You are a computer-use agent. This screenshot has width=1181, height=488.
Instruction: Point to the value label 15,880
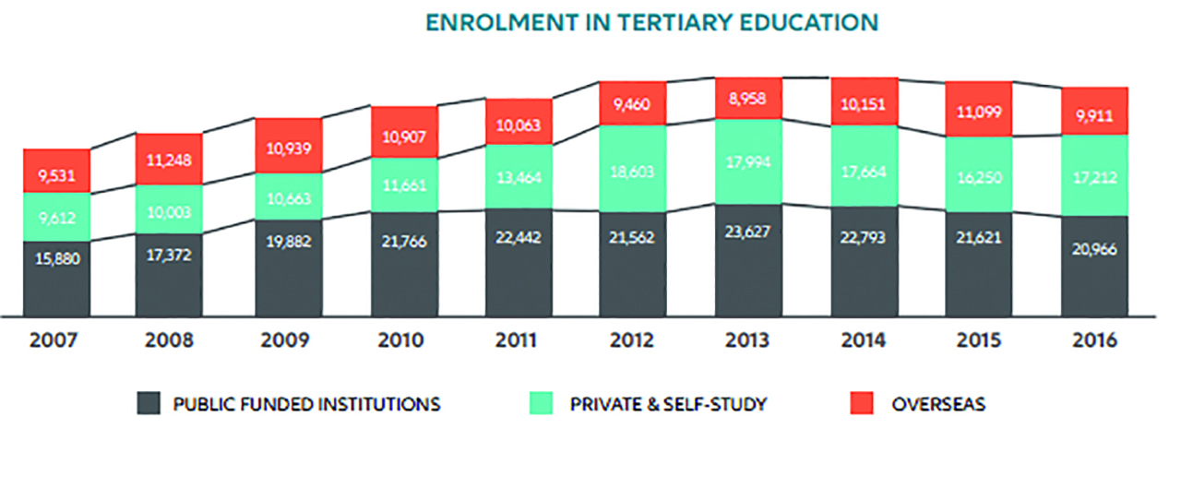pyautogui.click(x=56, y=259)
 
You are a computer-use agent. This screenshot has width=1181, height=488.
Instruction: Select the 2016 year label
pyautogui.click(x=1094, y=340)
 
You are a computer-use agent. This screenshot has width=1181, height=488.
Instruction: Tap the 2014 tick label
pyautogui.click(x=865, y=340)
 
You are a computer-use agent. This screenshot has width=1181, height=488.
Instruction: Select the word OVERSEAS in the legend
pyautogui.click(x=939, y=404)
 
